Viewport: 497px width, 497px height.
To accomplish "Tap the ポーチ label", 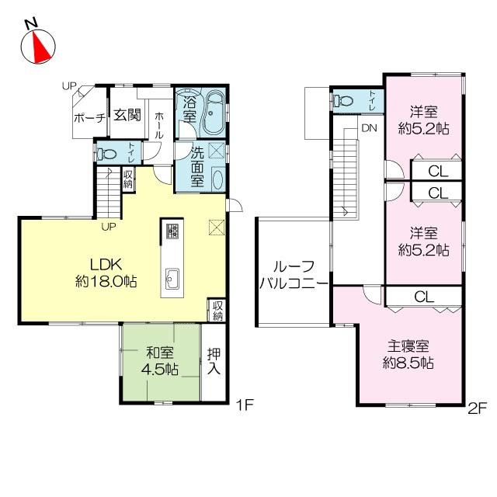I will (x=89, y=119).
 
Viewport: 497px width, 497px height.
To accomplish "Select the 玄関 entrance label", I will (x=127, y=115).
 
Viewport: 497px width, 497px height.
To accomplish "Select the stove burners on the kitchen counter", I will (x=172, y=231).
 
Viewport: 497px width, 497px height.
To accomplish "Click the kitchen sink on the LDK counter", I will (x=172, y=277).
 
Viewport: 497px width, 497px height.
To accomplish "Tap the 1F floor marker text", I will (x=244, y=405).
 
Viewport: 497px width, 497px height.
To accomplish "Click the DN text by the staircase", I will (x=368, y=129).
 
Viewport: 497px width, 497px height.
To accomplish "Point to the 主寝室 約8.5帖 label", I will (x=409, y=355).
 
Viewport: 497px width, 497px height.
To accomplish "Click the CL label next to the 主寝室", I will (x=423, y=296).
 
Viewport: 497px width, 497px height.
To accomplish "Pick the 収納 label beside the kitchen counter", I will (x=217, y=310).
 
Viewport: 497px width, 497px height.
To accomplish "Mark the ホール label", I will (x=159, y=125).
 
